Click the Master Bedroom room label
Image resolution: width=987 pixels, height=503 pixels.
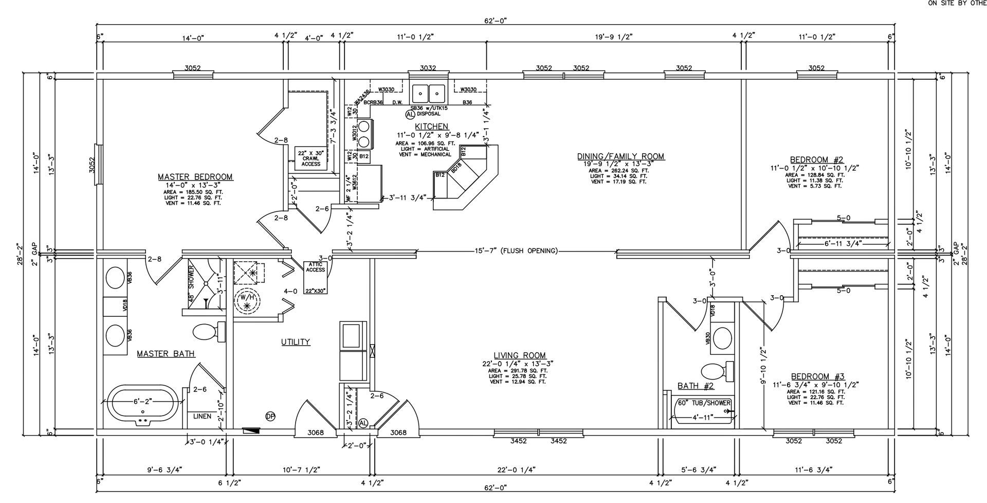195,177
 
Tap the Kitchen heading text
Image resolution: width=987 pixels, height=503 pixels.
431,127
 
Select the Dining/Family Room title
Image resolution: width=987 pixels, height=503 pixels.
620,156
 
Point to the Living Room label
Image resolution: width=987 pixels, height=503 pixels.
520,355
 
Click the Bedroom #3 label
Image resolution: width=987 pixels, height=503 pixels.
817,376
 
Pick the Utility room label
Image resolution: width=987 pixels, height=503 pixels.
296,342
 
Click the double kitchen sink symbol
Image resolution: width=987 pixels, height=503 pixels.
429,94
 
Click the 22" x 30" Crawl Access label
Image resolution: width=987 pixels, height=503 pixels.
310,157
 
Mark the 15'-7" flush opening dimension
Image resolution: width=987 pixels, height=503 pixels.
516,251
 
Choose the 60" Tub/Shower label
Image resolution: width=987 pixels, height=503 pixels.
703,403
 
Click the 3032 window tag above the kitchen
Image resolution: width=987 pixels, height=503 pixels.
428,68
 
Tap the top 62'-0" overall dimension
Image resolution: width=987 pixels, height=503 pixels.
495,21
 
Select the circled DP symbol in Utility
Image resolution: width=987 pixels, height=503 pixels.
270,416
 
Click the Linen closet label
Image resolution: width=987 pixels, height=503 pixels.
202,416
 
